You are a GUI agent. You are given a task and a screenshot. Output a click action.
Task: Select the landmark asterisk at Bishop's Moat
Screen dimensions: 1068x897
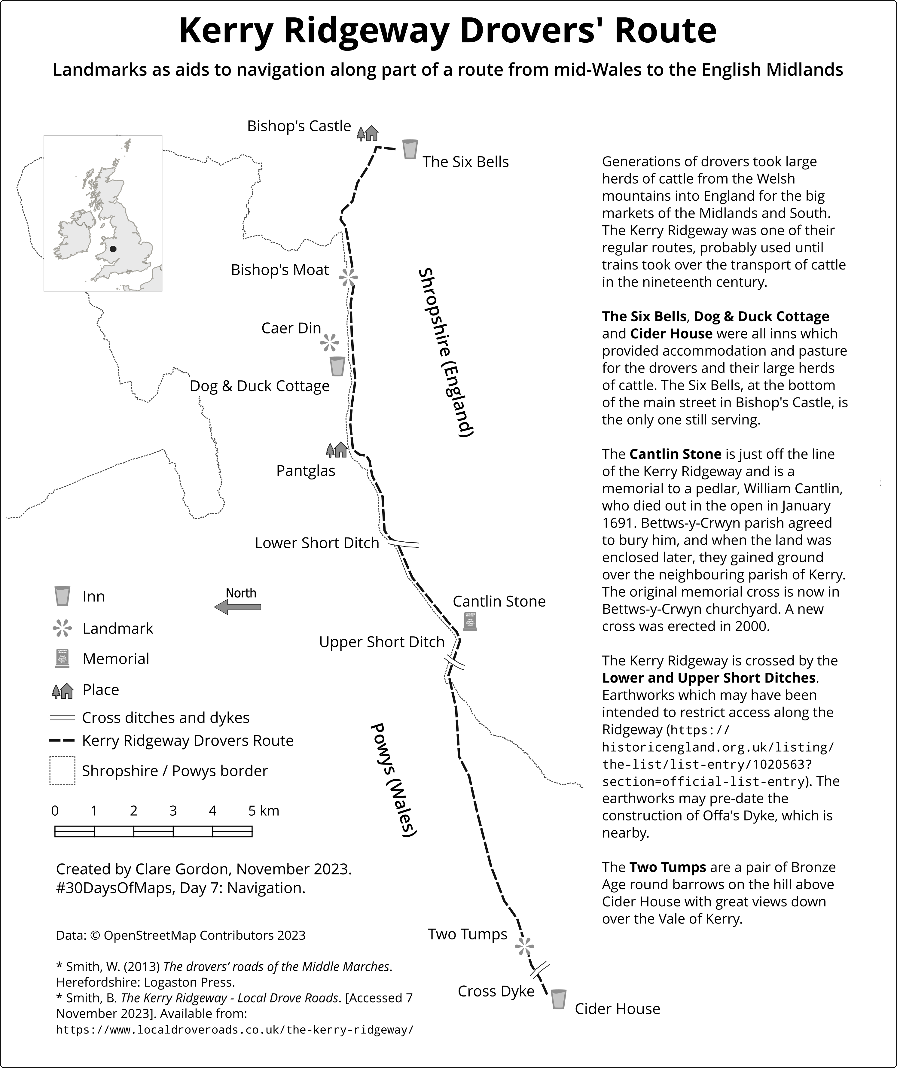[x=349, y=277]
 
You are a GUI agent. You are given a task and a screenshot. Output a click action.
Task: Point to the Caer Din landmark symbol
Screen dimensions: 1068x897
[x=330, y=343]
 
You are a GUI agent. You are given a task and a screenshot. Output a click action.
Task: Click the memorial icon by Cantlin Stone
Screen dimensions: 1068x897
[x=470, y=622]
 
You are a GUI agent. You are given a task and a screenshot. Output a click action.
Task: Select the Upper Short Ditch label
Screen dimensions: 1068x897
[x=382, y=642]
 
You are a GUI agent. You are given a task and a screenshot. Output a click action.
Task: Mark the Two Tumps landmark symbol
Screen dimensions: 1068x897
[x=525, y=946]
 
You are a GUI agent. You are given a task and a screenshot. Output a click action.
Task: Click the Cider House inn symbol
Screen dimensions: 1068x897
[x=559, y=999]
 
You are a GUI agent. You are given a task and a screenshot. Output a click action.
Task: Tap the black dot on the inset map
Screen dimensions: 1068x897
[x=113, y=249]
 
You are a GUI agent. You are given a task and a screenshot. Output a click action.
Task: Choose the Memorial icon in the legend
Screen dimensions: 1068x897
[x=63, y=659]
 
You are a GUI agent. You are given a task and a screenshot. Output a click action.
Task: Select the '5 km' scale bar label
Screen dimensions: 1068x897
[x=264, y=811]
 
